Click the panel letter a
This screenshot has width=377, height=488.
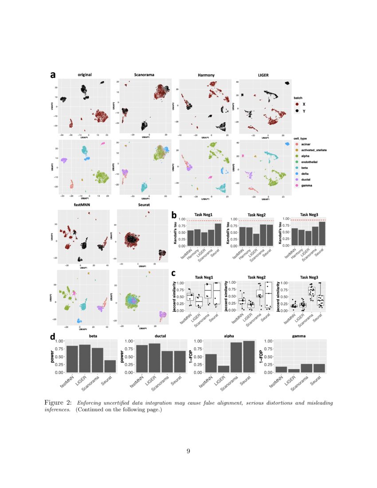[53, 75]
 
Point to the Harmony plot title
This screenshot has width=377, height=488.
[206, 75]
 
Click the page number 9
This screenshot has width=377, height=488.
[188, 451]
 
